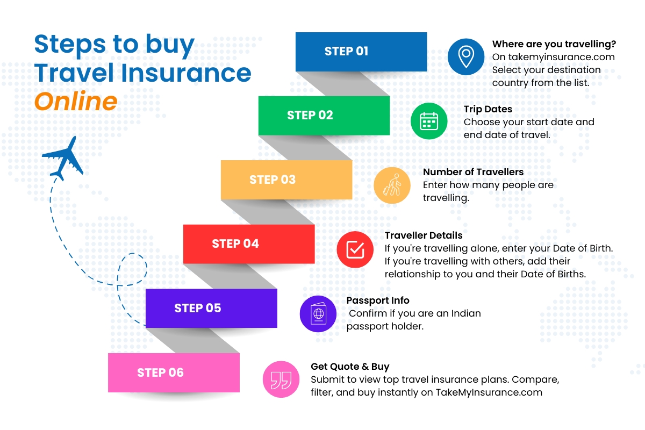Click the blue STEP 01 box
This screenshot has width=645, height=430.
click(361, 52)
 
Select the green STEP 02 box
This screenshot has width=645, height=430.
click(324, 116)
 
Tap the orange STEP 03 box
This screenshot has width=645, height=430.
click(286, 180)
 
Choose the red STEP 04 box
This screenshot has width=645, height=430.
click(248, 244)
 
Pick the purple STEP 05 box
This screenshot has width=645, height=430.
click(211, 309)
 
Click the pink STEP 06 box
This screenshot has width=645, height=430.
click(173, 372)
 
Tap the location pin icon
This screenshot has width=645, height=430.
click(466, 56)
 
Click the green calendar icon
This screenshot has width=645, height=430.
click(429, 121)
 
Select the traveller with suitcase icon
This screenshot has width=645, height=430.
click(392, 185)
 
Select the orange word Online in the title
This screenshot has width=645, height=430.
click(75, 102)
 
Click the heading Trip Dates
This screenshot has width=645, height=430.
click(488, 109)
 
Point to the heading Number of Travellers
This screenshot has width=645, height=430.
click(473, 172)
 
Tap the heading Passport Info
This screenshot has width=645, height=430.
click(377, 300)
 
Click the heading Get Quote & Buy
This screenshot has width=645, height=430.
click(349, 367)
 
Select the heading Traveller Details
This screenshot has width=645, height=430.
click(424, 235)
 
